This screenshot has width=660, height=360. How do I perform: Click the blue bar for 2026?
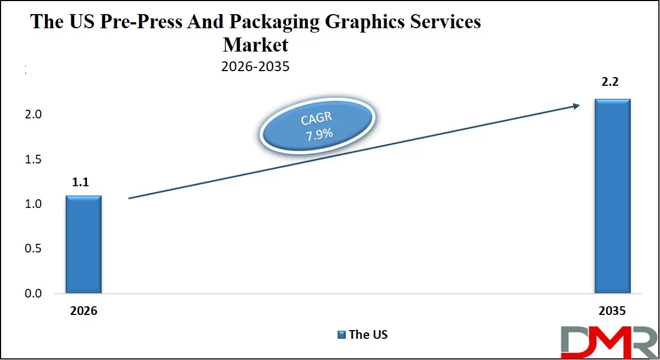click(84, 244)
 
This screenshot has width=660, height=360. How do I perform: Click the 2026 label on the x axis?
click(83, 311)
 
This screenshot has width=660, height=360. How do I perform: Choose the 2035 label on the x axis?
click(612, 311)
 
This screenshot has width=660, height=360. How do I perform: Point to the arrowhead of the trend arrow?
click(577, 106)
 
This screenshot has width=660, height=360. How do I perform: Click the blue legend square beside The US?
click(341, 334)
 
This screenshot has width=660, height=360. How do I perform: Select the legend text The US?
click(368, 334)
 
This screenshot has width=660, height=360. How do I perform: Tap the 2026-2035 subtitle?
click(255, 67)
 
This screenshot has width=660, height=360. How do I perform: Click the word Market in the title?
click(256, 43)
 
